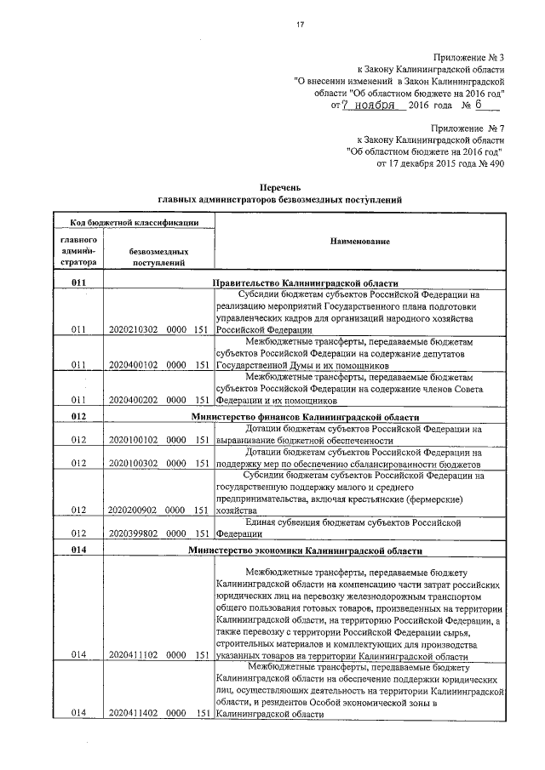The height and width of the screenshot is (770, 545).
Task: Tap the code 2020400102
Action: [x=135, y=364]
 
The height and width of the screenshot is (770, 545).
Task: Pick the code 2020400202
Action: [x=135, y=399]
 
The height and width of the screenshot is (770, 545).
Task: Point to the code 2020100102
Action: [x=135, y=440]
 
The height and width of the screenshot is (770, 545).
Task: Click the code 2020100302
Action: [x=135, y=464]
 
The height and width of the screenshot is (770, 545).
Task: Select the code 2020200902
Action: [x=135, y=510]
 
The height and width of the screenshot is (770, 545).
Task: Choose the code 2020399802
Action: [x=135, y=534]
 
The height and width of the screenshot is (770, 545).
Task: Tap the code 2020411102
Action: [x=135, y=655]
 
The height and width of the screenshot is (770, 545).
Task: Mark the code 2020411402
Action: [x=135, y=714]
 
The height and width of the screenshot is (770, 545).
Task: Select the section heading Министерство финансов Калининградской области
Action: [x=305, y=417]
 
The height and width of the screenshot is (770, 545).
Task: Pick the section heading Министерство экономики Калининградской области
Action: [x=305, y=551]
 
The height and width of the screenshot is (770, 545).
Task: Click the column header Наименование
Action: [x=360, y=242]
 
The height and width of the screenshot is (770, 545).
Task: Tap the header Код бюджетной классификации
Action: [x=129, y=222]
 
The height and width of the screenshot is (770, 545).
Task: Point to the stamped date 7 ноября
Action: [x=369, y=106]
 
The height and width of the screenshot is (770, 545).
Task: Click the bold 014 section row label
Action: [x=79, y=551]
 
